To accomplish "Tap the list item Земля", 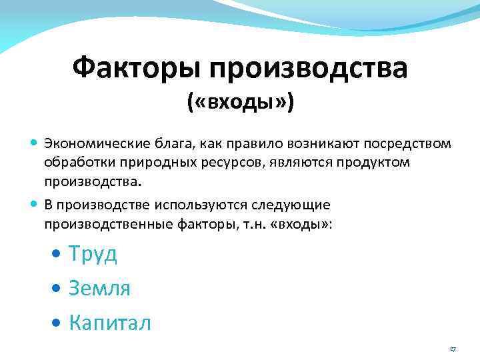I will (x=99, y=289).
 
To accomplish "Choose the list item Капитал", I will (x=110, y=323).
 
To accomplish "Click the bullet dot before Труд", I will (x=58, y=255).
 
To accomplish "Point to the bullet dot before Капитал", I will (x=58, y=324).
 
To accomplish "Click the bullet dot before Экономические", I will (x=34, y=144).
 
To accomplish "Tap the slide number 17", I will (x=452, y=349).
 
